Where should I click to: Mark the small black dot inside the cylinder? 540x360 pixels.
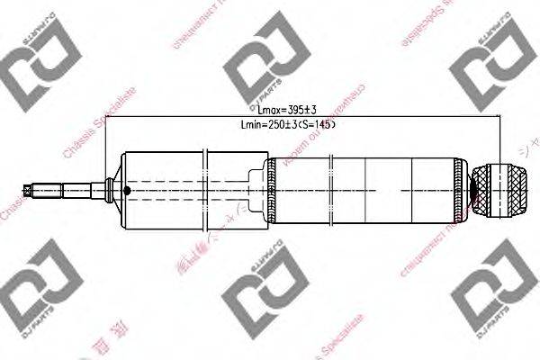128,191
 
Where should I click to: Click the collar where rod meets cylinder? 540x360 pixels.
110,190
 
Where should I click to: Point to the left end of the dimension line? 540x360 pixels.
106,117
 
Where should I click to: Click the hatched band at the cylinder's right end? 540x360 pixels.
462,190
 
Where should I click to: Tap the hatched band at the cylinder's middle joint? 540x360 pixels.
270,190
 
